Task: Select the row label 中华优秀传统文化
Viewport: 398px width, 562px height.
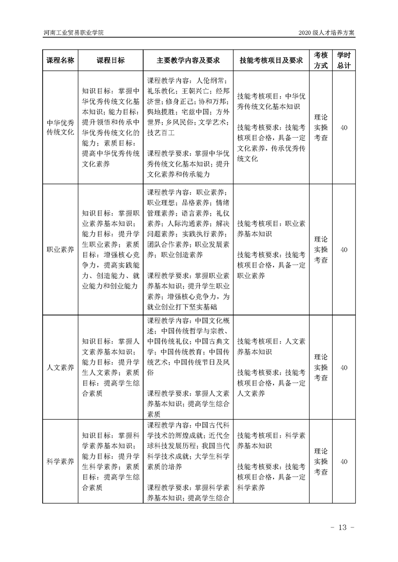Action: [60, 127]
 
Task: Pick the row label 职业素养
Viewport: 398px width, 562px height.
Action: [60, 249]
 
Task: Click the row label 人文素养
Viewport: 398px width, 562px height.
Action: [60, 368]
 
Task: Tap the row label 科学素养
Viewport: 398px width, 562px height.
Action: [60, 461]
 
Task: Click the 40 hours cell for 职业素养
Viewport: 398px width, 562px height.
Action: [344, 249]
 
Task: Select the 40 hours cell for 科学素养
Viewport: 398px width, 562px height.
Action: [344, 461]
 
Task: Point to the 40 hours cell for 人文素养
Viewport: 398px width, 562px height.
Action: [344, 368]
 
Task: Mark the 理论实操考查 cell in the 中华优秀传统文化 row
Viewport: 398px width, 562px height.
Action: [321, 127]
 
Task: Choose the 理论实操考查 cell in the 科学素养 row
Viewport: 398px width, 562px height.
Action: [321, 461]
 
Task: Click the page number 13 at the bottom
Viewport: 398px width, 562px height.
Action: [343, 527]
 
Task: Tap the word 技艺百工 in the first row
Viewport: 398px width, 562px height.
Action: [161, 133]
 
